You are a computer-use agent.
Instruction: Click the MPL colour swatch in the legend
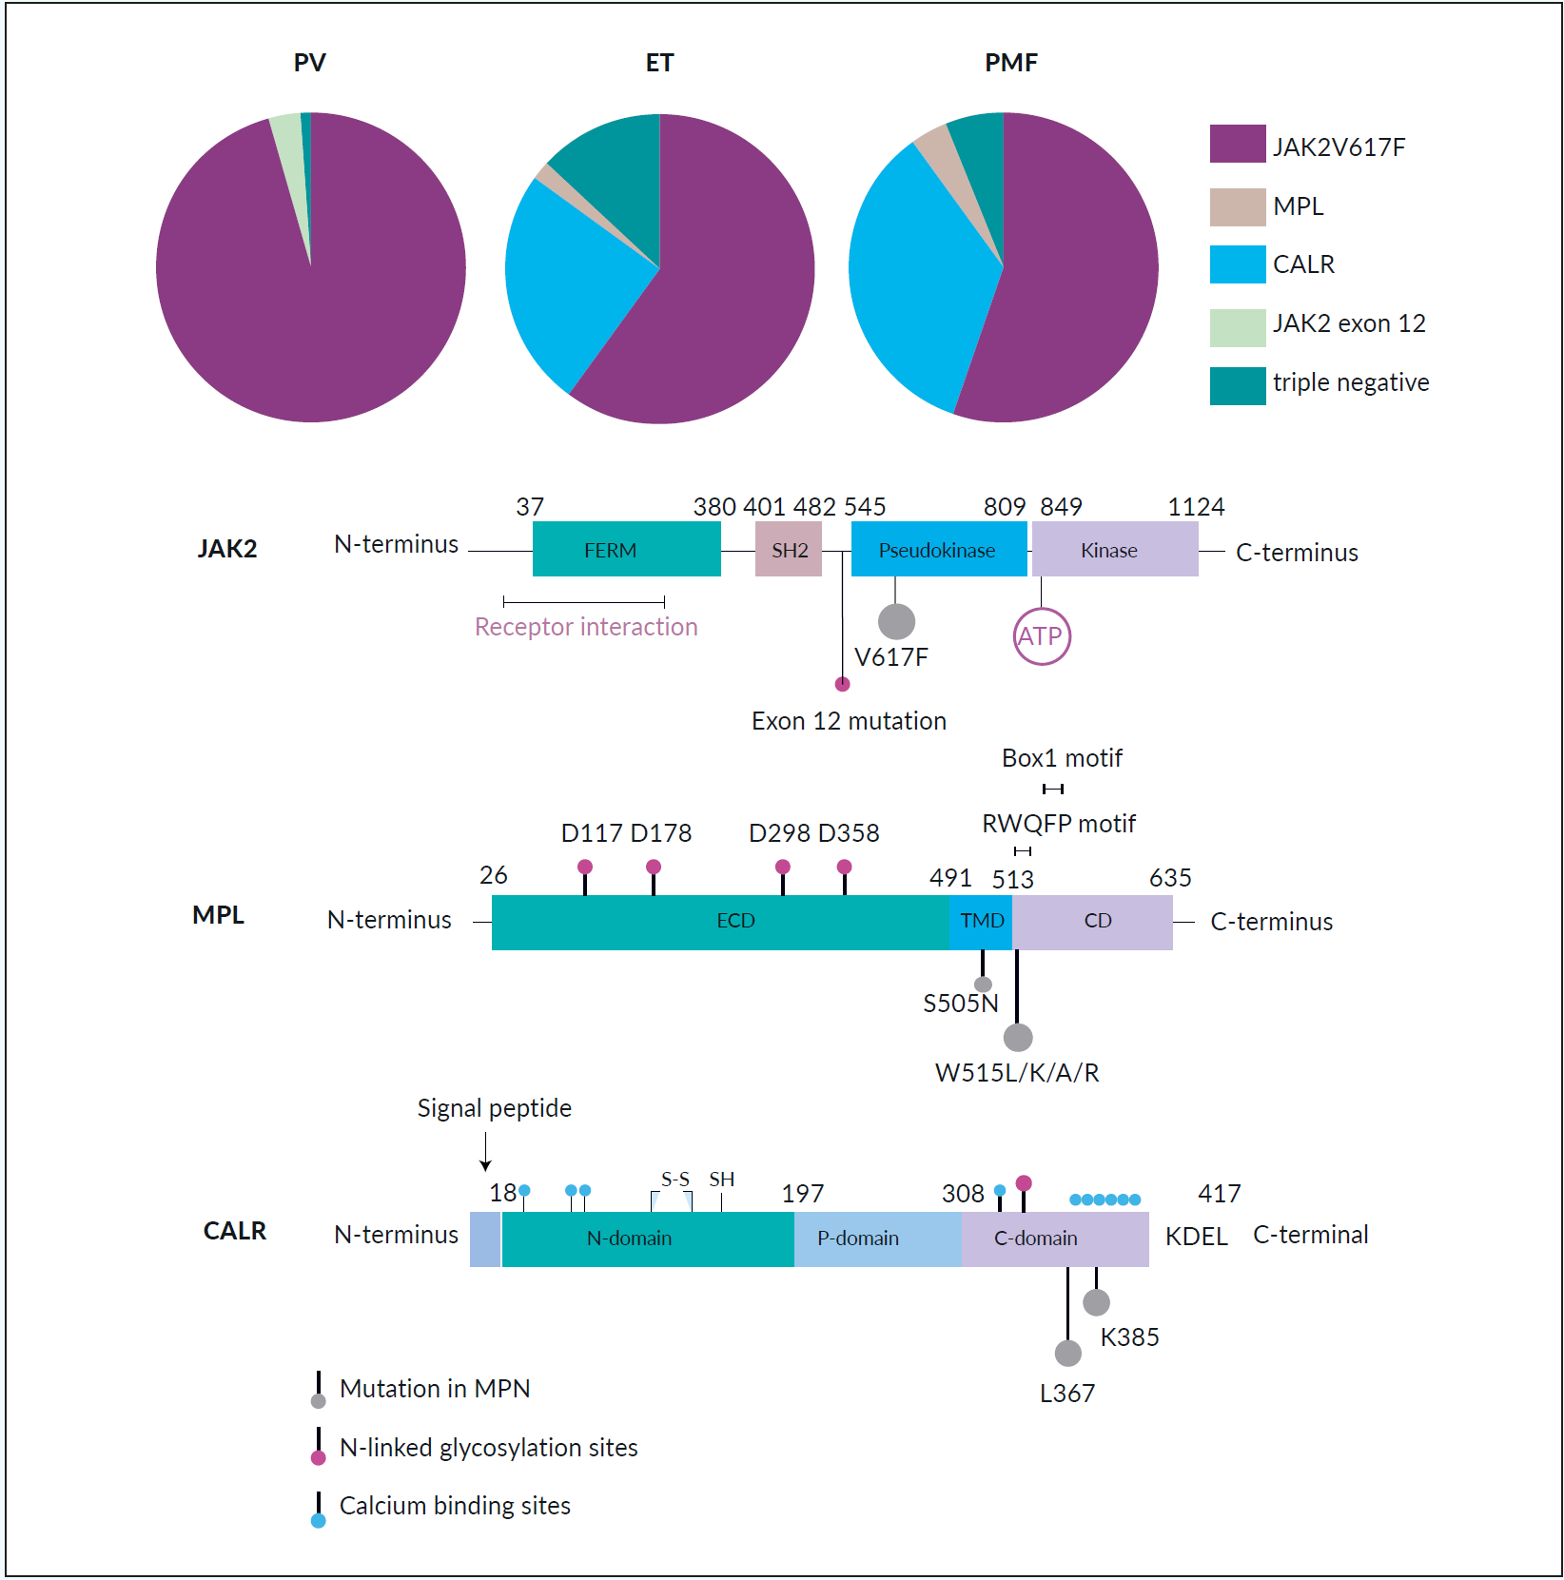click(1237, 206)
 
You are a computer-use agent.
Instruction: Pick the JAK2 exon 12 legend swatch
click(1237, 327)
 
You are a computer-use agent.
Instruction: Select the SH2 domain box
click(788, 550)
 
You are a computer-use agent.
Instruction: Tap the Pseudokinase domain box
click(938, 550)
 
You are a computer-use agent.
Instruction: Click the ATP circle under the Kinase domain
click(1042, 636)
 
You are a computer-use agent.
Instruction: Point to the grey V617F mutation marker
click(896, 621)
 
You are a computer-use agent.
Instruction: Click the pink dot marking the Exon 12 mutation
click(842, 684)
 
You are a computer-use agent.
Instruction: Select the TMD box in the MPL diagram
click(981, 921)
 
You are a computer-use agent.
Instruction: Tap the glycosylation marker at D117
click(585, 867)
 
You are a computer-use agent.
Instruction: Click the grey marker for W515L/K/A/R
click(1018, 1037)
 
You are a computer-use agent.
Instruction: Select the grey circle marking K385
click(1096, 1302)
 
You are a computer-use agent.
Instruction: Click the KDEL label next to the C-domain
click(1196, 1237)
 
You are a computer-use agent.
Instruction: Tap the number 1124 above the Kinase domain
click(1196, 507)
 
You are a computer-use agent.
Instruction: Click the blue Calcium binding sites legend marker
click(319, 1520)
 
